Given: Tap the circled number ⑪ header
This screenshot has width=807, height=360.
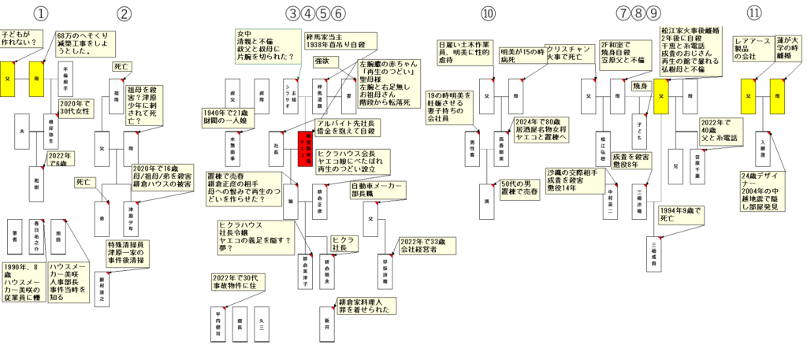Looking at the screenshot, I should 755,13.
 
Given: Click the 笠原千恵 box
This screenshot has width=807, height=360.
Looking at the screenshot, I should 697,167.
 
